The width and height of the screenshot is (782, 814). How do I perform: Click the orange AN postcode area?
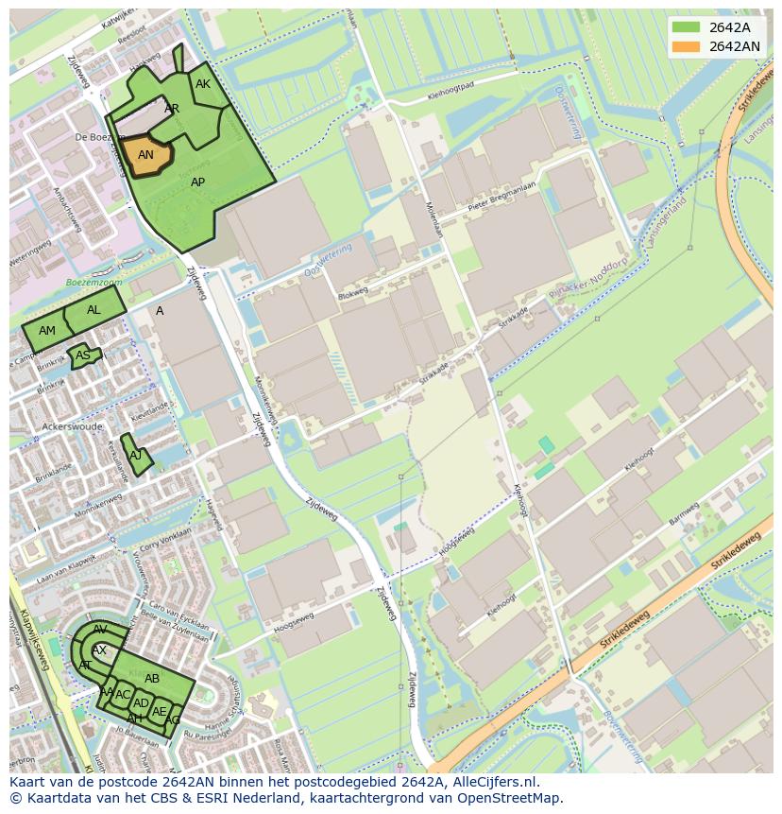pyautogui.click(x=146, y=156)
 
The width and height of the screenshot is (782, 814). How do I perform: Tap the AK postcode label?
pyautogui.click(x=203, y=84)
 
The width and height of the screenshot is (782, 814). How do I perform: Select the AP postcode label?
pyautogui.click(x=197, y=182)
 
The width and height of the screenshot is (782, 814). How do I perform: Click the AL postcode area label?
pyautogui.click(x=93, y=310)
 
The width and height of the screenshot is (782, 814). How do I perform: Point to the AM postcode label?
pyautogui.click(x=47, y=331)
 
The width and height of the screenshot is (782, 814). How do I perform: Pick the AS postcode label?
pyautogui.click(x=83, y=355)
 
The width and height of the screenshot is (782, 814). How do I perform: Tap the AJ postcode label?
pyautogui.click(x=136, y=455)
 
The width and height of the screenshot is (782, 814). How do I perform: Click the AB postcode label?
pyautogui.click(x=152, y=678)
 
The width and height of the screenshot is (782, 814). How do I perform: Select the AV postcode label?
pyautogui.click(x=100, y=630)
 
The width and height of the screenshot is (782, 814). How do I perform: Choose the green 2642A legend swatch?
pyautogui.click(x=686, y=27)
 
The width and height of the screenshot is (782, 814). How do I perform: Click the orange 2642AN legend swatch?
pyautogui.click(x=686, y=46)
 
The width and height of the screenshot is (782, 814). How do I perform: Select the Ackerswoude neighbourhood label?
pyautogui.click(x=73, y=426)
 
